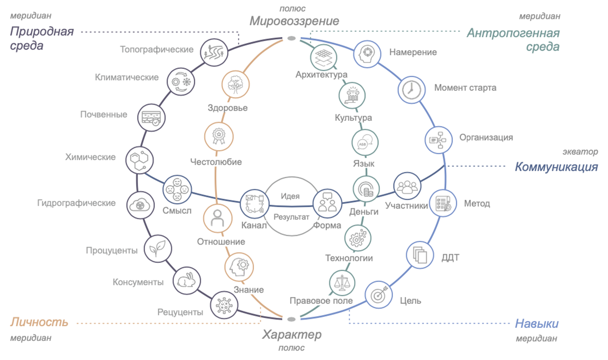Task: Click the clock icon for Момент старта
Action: tap(410, 89)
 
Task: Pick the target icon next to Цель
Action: tap(378, 295)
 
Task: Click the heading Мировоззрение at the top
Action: tap(294, 21)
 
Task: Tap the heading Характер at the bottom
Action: tap(292, 335)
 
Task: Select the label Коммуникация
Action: tap(556, 167)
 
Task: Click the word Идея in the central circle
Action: tap(290, 196)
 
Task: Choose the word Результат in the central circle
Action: tap(292, 216)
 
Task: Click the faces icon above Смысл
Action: tap(177, 190)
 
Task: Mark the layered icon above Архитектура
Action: tap(324, 57)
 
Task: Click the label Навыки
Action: tap(537, 324)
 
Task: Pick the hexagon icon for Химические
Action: tap(139, 159)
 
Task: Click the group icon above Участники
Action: tap(407, 186)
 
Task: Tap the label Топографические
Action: tap(157, 49)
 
